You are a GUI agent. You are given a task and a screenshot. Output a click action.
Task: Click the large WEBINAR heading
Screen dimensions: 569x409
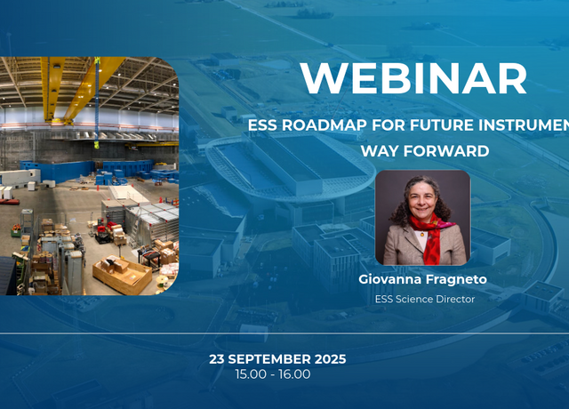413,79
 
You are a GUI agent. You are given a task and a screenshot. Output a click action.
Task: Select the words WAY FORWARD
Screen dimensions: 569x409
425,151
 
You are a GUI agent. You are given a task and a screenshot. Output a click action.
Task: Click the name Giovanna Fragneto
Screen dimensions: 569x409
423,279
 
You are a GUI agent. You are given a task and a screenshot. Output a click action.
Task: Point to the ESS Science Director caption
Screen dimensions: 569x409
425,299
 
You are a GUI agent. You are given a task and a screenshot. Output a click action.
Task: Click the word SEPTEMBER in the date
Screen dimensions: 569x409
269,359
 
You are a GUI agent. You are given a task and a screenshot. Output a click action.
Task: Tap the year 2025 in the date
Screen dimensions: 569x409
330,359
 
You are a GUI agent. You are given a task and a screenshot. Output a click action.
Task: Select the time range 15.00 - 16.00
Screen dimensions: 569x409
273,374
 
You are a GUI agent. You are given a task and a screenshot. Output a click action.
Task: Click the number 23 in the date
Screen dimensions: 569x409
217,359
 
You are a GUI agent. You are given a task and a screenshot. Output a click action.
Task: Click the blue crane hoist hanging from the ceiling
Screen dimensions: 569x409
97,101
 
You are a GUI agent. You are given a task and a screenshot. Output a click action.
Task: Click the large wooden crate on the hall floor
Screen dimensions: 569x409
123,275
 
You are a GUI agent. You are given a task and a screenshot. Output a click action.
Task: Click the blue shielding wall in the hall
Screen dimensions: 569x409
58,171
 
